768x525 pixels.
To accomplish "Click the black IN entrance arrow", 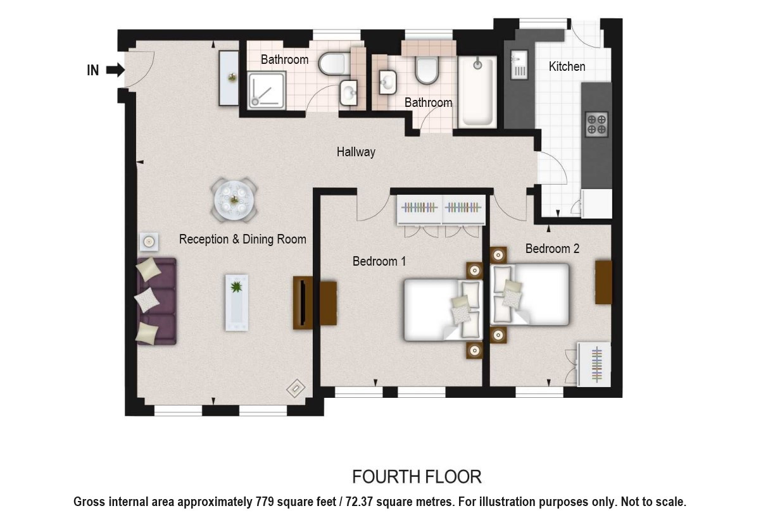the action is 115,70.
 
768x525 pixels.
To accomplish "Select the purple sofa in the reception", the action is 156,301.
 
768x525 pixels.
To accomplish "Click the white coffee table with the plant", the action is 237,303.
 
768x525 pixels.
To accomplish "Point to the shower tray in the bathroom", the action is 267,90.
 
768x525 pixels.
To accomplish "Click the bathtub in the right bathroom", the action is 477,92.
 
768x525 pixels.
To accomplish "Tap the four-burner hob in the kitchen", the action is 596,125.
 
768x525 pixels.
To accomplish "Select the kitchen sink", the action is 519,65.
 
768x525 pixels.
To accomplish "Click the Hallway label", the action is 356,152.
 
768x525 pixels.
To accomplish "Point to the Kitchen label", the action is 567,66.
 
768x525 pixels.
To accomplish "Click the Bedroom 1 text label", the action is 379,261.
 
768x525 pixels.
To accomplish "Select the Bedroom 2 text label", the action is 552,249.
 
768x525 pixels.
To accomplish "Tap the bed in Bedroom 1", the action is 443,311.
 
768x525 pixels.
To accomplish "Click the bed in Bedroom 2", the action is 530,294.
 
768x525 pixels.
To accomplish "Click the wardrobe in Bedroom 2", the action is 594,364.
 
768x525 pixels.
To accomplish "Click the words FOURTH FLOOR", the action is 417,477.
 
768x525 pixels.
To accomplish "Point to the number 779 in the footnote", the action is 265,502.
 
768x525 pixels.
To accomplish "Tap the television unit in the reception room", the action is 303,303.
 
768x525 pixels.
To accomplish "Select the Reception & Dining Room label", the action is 242,239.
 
